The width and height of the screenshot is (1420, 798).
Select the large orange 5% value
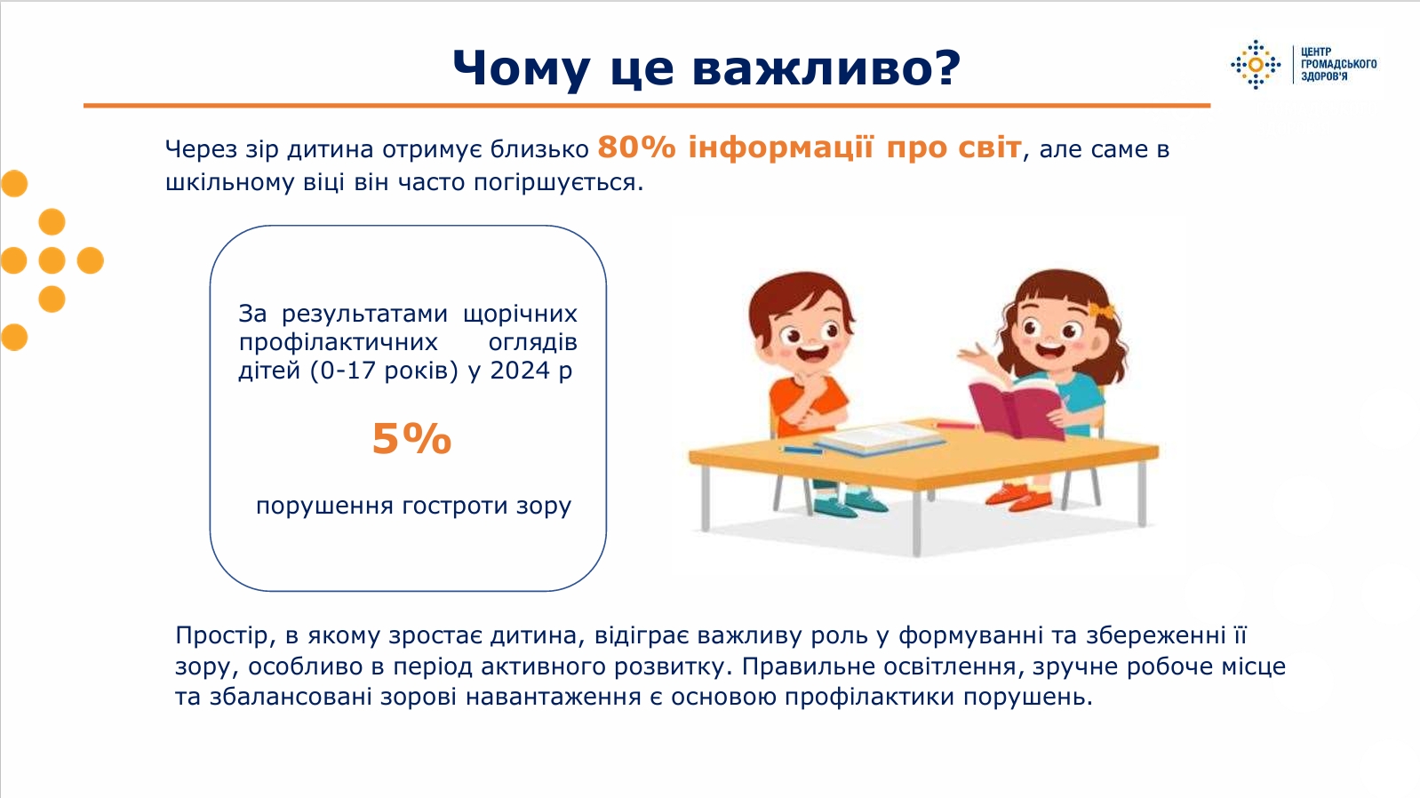(x=411, y=439)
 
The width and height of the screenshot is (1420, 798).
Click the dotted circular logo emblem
(x=1256, y=65)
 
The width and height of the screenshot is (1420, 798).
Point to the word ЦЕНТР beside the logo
(x=1316, y=52)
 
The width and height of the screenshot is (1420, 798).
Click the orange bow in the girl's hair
(x=1102, y=310)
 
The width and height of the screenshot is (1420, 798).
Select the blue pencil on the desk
(x=802, y=450)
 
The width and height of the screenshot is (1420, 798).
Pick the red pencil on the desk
(x=956, y=426)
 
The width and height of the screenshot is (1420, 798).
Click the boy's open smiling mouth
(x=812, y=351)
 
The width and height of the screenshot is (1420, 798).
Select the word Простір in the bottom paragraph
(x=222, y=635)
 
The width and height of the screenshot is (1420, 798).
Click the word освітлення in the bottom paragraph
(x=951, y=666)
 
